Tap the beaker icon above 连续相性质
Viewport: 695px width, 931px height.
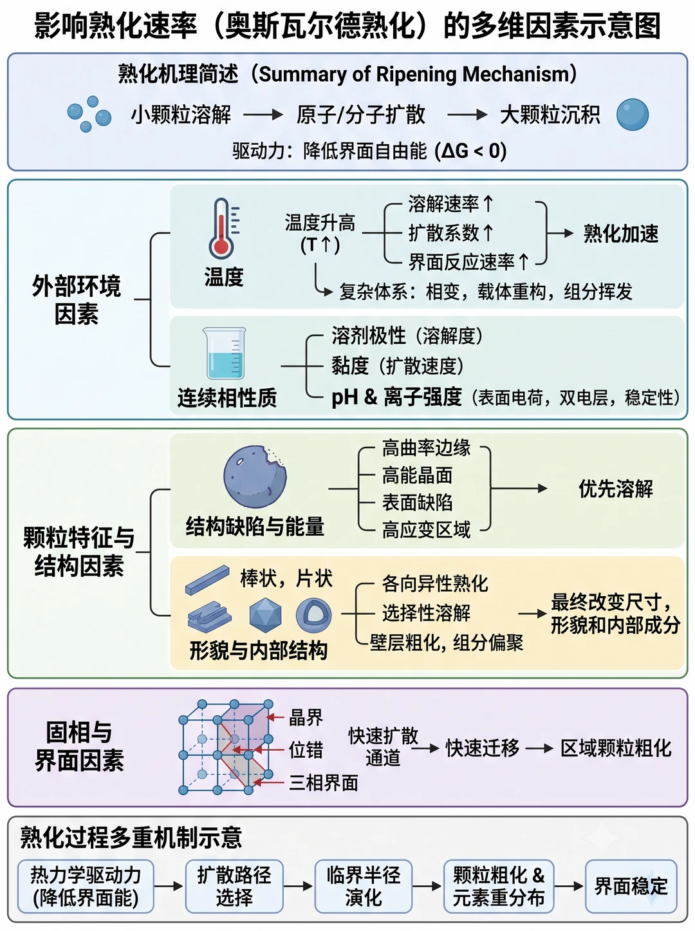pos(225,353)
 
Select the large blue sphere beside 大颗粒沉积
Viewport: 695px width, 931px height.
pos(633,115)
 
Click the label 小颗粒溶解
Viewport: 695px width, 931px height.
pos(181,115)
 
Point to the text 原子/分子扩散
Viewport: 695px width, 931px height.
pos(360,115)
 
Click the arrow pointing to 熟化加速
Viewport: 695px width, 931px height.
pos(561,233)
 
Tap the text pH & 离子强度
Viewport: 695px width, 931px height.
pos(396,397)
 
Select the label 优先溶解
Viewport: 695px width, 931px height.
pos(616,489)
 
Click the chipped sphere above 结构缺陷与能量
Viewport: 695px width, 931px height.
pos(255,476)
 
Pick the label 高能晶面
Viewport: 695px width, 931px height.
pos(418,475)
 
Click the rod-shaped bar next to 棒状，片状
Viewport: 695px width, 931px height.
pos(208,579)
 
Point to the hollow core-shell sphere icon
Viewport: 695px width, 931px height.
pos(313,615)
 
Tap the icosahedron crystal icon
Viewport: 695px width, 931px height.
pos(265,615)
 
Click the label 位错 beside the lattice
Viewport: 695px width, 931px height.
pos(306,750)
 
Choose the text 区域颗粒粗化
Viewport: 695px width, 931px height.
pos(616,748)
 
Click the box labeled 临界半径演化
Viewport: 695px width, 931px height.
pos(363,886)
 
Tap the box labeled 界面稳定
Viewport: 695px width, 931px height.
pos(631,886)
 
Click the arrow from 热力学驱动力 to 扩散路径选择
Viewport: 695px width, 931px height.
pos(169,886)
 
